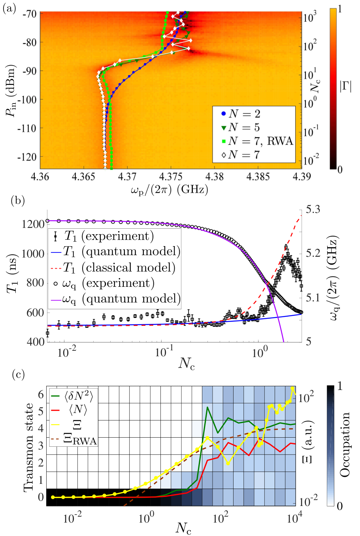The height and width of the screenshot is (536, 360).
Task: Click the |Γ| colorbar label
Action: [x=346, y=86]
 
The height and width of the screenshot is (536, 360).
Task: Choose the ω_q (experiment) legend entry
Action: [x=104, y=284]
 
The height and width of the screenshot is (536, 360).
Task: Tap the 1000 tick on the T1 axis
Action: [x=33, y=254]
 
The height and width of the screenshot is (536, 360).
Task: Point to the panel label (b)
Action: [x=18, y=201]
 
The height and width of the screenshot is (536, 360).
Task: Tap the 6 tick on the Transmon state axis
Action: [x=41, y=394]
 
